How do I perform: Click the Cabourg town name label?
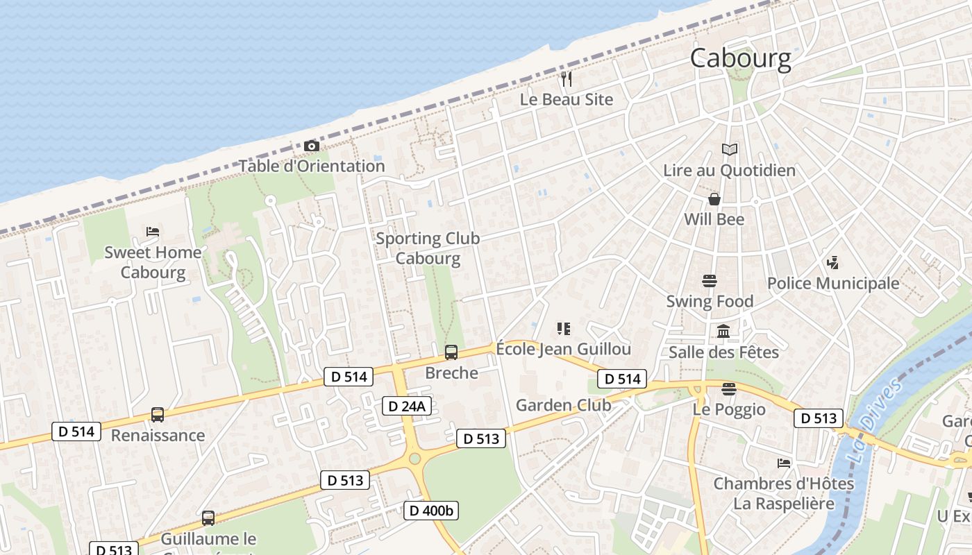point(740,58)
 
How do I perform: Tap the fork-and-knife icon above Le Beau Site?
point(567,79)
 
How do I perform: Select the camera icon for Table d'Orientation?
point(312,146)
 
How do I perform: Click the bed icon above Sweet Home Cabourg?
point(153,232)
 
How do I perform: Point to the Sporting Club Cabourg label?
point(428,248)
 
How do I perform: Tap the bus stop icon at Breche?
point(451,352)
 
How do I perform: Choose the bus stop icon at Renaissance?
point(158,415)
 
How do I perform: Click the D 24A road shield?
point(407,407)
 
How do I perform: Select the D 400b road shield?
point(431,511)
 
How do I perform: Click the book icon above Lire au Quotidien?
point(729,149)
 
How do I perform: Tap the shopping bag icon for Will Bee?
point(714,200)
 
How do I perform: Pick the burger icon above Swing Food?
point(709,281)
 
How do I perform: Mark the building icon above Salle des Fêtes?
point(723,332)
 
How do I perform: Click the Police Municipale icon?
point(832,263)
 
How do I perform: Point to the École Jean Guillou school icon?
point(563,328)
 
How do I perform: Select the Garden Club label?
point(563,405)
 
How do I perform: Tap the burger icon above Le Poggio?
point(728,389)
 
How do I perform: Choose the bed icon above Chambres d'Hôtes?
point(784,463)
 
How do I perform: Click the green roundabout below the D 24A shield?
point(415,459)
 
